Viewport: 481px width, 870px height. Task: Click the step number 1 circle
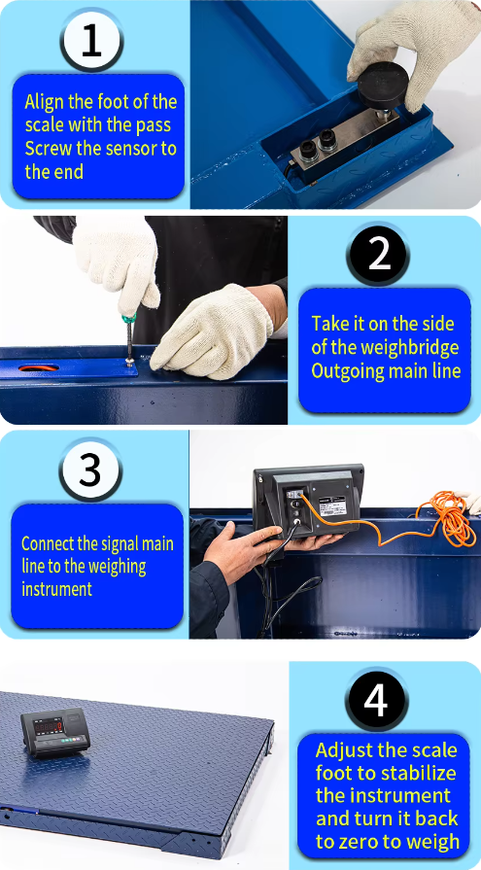(x=91, y=41)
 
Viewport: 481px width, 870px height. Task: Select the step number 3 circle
(x=90, y=470)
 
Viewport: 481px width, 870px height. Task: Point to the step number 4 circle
(x=376, y=701)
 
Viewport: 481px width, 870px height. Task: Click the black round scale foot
(x=383, y=85)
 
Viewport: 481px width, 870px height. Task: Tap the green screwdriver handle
(x=129, y=318)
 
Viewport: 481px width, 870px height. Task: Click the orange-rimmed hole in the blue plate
(x=38, y=367)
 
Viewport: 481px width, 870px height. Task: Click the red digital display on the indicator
(x=49, y=724)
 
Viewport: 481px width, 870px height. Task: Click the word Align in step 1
(x=44, y=102)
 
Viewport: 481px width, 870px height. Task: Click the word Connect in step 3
(x=51, y=542)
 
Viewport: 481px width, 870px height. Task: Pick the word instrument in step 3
(x=56, y=589)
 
